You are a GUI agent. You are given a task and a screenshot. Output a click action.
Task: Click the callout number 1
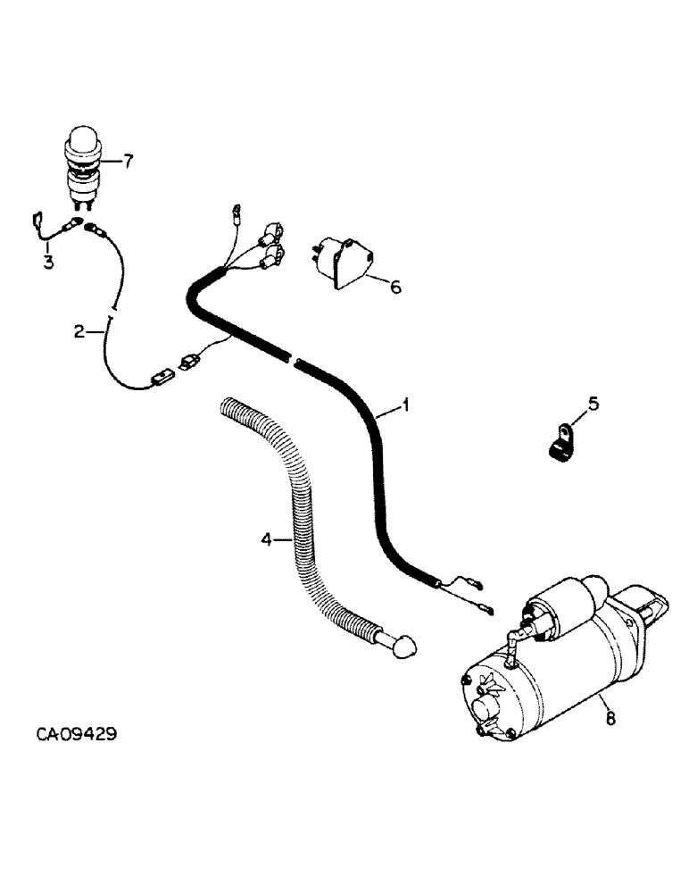[x=405, y=407]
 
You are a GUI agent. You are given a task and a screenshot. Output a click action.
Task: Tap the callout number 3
[x=48, y=262]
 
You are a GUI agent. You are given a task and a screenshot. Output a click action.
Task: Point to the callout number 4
[x=264, y=538]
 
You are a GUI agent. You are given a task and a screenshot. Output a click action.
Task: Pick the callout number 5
[x=593, y=404]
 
